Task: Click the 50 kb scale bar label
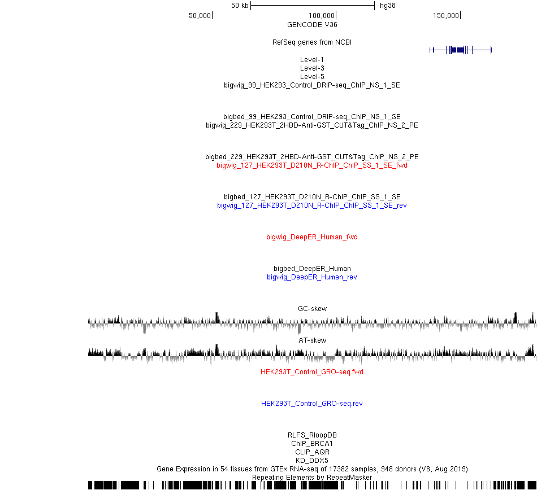(240, 6)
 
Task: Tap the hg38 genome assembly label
(388, 6)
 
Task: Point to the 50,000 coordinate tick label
(200, 16)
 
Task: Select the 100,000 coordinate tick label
(322, 16)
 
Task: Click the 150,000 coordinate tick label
(446, 16)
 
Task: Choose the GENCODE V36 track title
(312, 25)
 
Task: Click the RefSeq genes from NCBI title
(312, 42)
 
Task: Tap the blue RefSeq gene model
(460, 50)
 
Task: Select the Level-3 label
(312, 68)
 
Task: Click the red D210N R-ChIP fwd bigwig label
(312, 165)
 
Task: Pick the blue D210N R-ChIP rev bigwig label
(312, 205)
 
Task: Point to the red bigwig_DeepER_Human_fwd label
(312, 237)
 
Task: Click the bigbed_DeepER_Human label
(312, 268)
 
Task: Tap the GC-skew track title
(313, 309)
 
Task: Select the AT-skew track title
(313, 340)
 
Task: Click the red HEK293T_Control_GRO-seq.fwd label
(312, 372)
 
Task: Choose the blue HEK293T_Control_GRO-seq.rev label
(312, 404)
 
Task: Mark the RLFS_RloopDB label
(312, 435)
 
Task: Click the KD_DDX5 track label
(312, 461)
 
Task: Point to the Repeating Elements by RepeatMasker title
(312, 478)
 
